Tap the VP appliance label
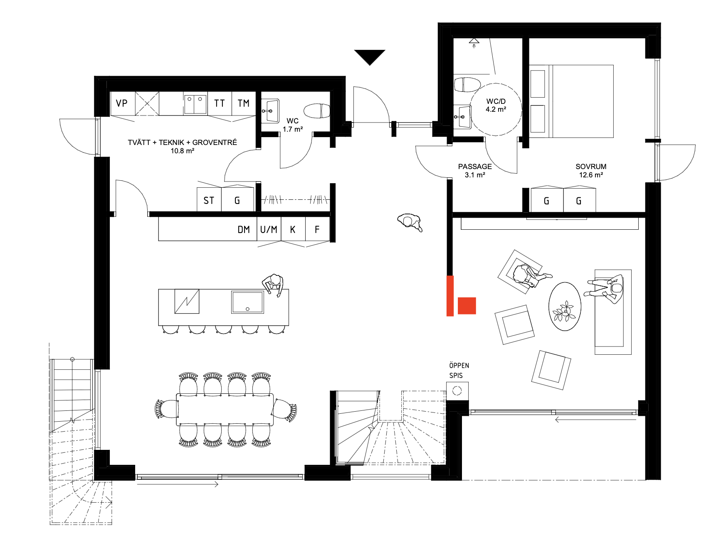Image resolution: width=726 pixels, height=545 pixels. [x=122, y=103]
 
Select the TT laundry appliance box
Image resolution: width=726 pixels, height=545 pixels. [x=220, y=103]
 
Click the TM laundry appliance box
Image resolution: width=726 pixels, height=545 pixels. [x=244, y=103]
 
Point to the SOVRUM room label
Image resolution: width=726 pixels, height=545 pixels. [x=591, y=167]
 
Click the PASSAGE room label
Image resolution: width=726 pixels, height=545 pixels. [x=475, y=167]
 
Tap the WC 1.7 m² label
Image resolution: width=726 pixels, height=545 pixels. [x=293, y=125]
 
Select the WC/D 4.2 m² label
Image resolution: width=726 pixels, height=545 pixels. [x=496, y=106]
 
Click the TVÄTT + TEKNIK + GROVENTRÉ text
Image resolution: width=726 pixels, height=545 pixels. [x=183, y=142]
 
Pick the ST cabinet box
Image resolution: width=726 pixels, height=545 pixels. [x=209, y=200]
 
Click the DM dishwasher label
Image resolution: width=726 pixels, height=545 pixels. [x=244, y=230]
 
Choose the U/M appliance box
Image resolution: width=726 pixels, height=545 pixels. [x=269, y=229]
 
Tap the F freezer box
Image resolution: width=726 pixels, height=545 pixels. [x=318, y=229]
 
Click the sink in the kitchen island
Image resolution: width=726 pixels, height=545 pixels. [x=248, y=302]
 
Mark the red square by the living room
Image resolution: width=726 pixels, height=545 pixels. [x=467, y=306]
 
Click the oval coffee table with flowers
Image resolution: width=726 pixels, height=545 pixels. [x=565, y=307]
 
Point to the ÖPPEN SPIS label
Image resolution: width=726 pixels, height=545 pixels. [x=459, y=371]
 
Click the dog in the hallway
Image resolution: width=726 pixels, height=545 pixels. [x=410, y=222]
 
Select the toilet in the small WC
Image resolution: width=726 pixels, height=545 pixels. [x=317, y=111]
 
